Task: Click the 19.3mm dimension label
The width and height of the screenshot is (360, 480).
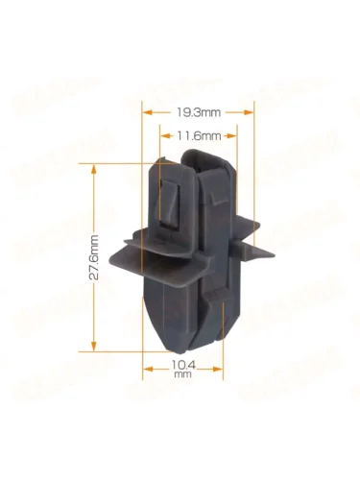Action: [x=199, y=112]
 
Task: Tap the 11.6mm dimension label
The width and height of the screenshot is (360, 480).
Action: [x=199, y=136]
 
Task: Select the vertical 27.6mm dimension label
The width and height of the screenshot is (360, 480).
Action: [x=94, y=257]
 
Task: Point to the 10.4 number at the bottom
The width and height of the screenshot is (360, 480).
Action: [x=183, y=365]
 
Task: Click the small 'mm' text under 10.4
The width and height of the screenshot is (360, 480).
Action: [x=182, y=374]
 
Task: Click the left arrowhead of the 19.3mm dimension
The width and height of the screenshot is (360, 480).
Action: [x=147, y=112]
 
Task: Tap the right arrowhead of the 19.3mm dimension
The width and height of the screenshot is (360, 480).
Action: [x=249, y=112]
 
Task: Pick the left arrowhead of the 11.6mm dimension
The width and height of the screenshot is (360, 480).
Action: [x=165, y=136]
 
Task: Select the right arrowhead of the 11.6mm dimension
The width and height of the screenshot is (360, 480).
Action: [x=232, y=136]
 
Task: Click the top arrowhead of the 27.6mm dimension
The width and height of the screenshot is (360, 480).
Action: [x=94, y=169]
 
